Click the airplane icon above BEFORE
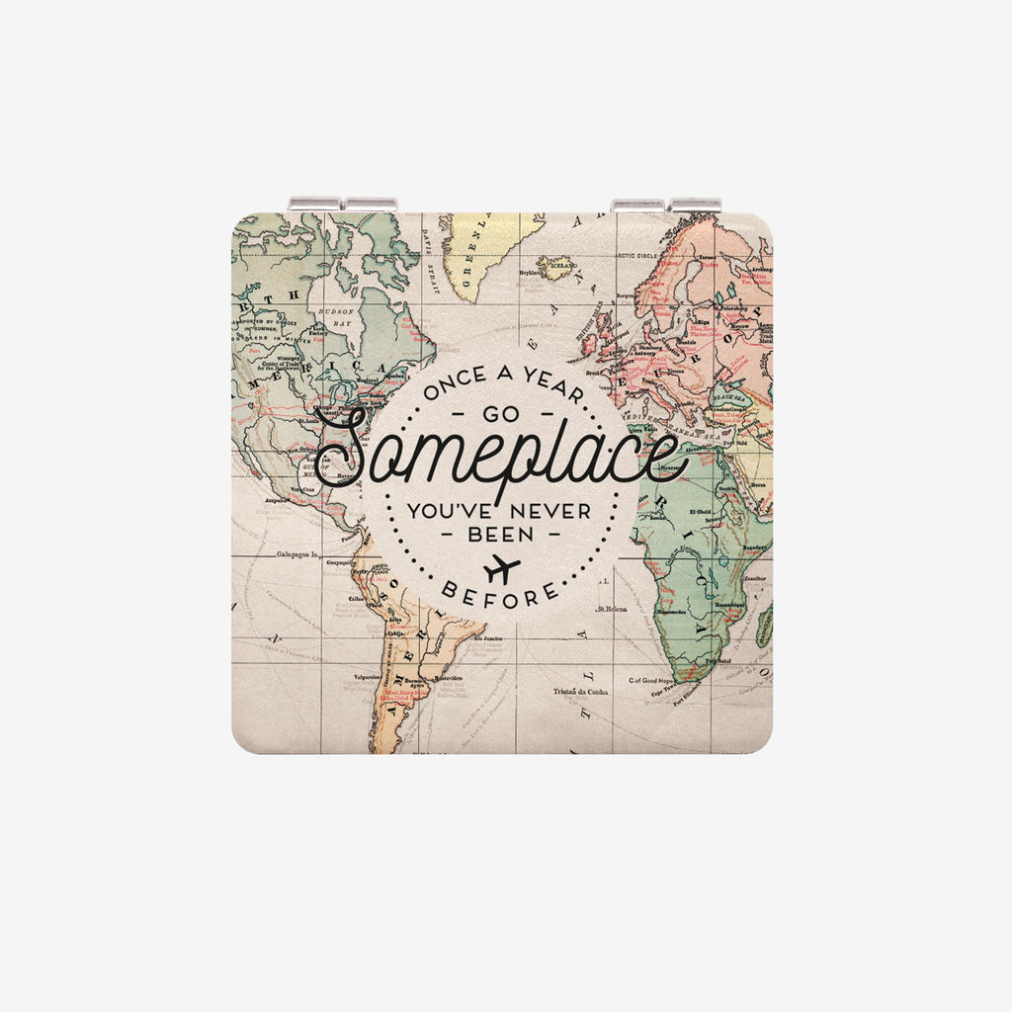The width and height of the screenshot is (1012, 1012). click(x=502, y=569)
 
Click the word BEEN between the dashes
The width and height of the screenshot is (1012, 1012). click(x=499, y=534)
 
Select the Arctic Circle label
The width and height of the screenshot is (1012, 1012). click(x=638, y=255)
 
